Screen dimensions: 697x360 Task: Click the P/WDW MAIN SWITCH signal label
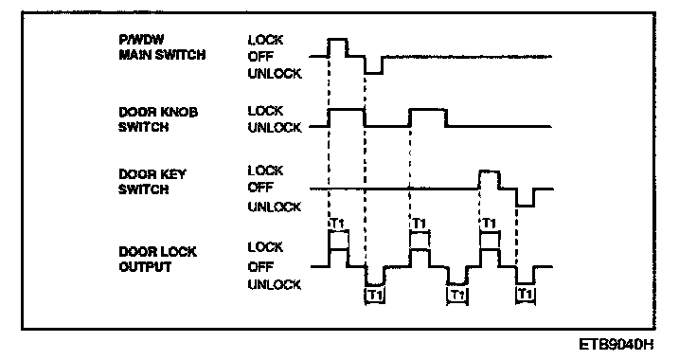[162, 47]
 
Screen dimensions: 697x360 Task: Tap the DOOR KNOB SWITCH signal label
[158, 119]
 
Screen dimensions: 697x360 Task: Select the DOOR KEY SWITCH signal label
[152, 181]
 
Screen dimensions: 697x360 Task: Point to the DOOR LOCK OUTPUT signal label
[157, 260]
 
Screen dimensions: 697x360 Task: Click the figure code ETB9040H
[617, 344]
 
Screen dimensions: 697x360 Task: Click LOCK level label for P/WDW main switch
[265, 40]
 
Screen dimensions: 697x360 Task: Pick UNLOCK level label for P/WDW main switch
[275, 73]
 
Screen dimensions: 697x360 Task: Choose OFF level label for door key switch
[260, 188]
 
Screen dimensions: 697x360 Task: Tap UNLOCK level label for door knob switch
[275, 128]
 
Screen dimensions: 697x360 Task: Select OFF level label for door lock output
[260, 266]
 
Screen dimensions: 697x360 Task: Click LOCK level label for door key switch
[265, 171]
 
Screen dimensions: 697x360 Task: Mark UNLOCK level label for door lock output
[275, 284]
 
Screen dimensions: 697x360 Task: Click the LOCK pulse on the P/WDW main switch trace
[338, 40]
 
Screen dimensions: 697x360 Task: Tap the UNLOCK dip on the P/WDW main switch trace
[374, 73]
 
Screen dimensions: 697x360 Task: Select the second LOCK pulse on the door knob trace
[428, 109]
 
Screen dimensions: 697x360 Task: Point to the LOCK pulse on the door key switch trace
[489, 171]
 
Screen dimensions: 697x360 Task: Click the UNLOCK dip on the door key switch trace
[526, 206]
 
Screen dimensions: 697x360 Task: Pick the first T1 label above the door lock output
[338, 224]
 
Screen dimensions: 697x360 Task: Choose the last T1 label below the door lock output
[526, 294]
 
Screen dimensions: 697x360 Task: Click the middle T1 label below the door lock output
[457, 295]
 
